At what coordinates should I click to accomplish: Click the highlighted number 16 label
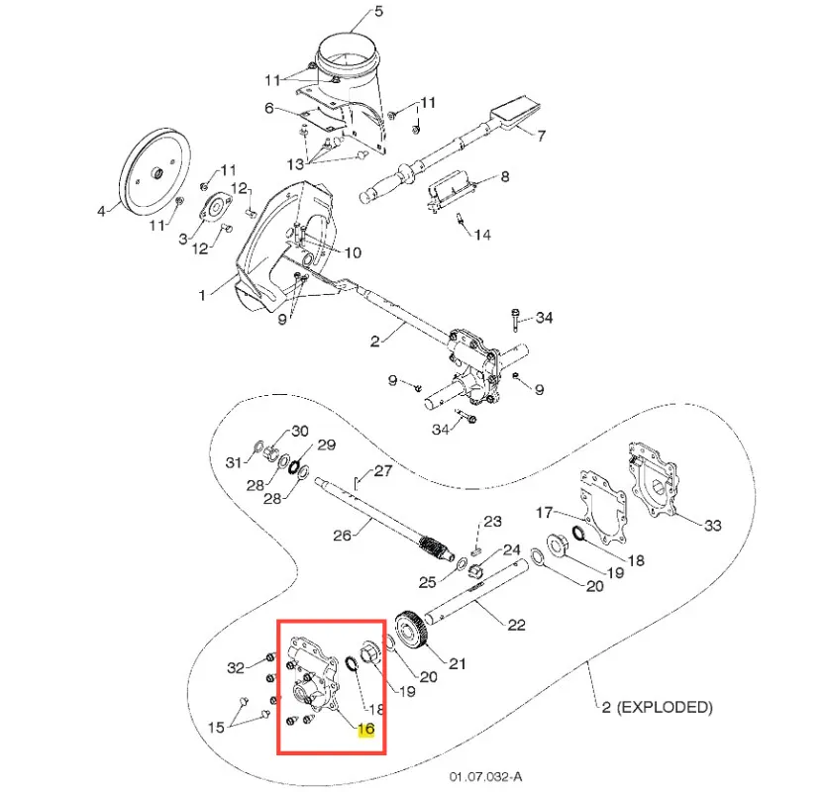coord(365,730)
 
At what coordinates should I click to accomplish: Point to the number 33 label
coord(713,525)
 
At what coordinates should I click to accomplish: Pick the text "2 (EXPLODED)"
coord(657,707)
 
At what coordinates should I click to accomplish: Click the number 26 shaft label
coord(343,534)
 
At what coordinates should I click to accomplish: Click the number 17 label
coord(545,513)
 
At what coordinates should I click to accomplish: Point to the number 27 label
coord(383,471)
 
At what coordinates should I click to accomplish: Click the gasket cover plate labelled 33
coord(656,485)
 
